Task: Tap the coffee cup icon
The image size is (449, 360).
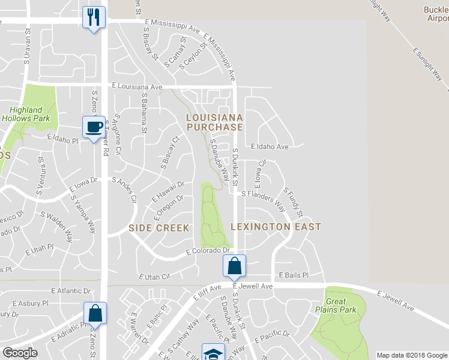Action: pyautogui.click(x=94, y=127)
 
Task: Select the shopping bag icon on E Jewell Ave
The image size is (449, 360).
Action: pyautogui.click(x=234, y=266)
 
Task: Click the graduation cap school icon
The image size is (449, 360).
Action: pyautogui.click(x=212, y=353)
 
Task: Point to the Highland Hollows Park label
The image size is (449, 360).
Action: pyautogui.click(x=26, y=114)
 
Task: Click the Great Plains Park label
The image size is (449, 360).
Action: pyautogui.click(x=341, y=305)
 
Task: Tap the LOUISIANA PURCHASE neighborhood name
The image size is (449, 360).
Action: pyautogui.click(x=214, y=122)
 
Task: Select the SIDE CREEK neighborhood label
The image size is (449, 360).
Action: pyautogui.click(x=159, y=228)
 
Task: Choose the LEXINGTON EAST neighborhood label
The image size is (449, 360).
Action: pyautogui.click(x=276, y=227)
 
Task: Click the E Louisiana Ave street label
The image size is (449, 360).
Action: pyautogui.click(x=137, y=87)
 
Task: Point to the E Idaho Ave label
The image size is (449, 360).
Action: pyautogui.click(x=270, y=146)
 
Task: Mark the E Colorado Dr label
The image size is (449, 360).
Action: pyautogui.click(x=208, y=251)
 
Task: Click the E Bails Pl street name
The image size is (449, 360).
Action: pyautogui.click(x=293, y=275)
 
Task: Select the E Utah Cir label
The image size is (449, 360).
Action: pyautogui.click(x=155, y=277)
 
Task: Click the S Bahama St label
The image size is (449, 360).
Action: pyautogui.click(x=144, y=112)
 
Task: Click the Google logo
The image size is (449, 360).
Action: pyautogui.click(x=20, y=352)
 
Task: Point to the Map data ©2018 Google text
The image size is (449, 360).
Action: pyautogui.click(x=411, y=355)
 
